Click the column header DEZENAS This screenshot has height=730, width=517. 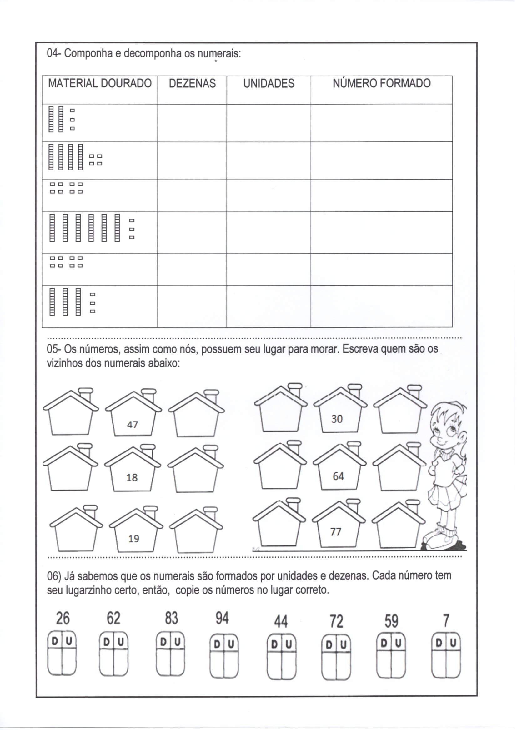[x=192, y=84]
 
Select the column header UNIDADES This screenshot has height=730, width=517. [x=269, y=84]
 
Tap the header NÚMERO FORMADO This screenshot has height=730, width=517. [x=381, y=83]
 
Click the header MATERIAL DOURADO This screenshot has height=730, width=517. [x=100, y=83]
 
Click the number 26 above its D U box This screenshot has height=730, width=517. [x=63, y=619]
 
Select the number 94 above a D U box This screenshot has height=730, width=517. [x=222, y=619]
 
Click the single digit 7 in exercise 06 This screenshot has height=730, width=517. [x=446, y=621]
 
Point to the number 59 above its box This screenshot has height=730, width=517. [x=391, y=621]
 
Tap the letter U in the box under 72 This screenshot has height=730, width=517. [x=343, y=645]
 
